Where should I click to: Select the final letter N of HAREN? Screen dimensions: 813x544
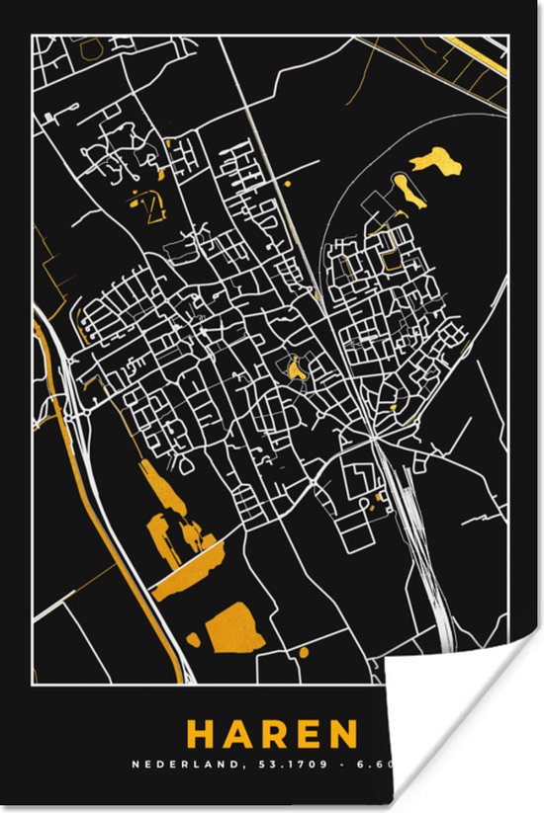(341, 735)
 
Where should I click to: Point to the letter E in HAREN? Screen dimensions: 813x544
(308, 735)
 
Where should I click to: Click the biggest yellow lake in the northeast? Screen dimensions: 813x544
(436, 160)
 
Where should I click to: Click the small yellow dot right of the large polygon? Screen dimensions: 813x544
(303, 651)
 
